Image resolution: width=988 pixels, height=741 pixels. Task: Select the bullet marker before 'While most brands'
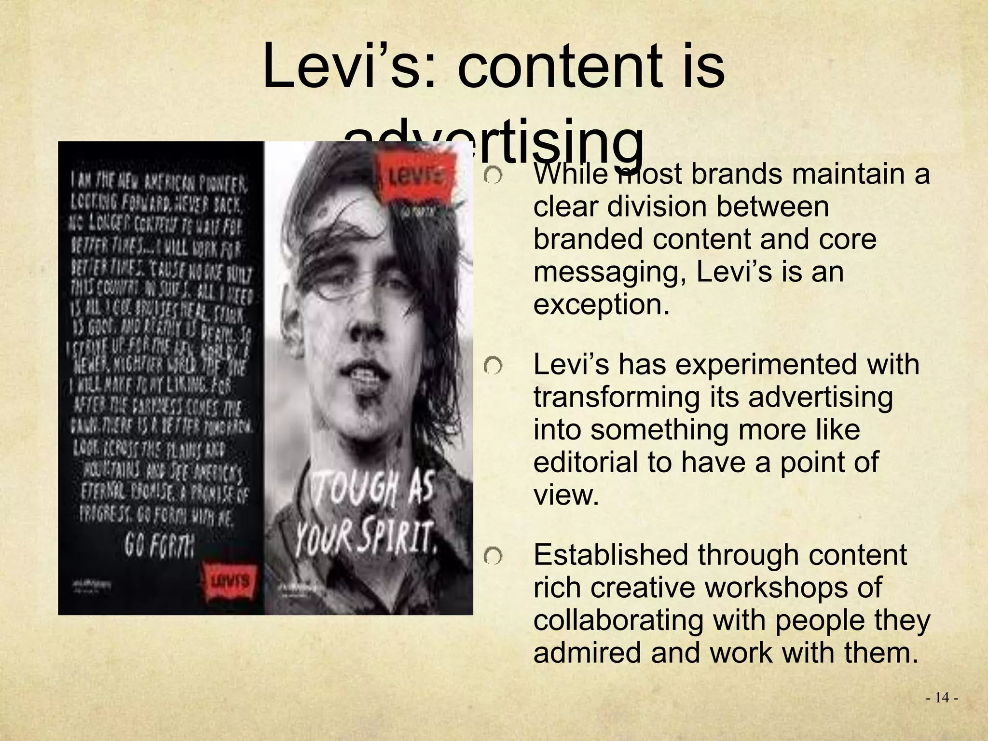[493, 177]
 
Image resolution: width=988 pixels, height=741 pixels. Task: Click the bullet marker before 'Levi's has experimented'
[493, 368]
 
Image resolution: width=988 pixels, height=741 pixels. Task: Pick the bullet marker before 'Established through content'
[493, 558]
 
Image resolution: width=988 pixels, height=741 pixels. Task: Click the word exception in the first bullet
[602, 304]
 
